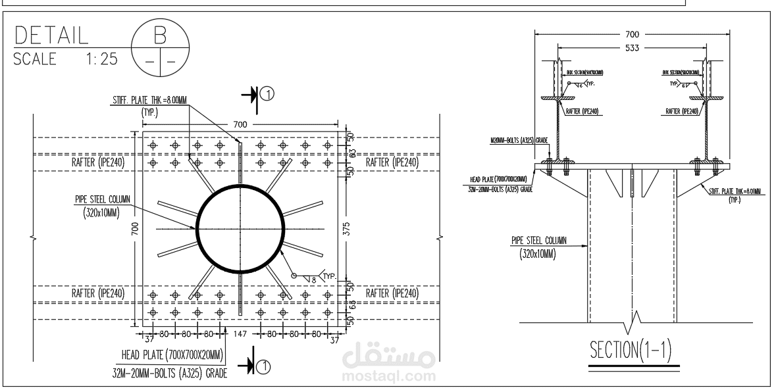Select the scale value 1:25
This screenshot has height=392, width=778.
[101, 59]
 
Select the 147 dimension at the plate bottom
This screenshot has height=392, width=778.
[240, 334]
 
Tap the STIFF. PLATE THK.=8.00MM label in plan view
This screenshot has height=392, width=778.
[149, 101]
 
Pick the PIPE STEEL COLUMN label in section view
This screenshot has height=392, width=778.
[538, 240]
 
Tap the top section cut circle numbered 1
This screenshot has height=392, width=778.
[267, 95]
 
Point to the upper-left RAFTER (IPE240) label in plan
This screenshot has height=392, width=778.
[98, 162]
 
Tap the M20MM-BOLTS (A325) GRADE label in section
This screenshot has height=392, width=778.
[519, 140]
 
